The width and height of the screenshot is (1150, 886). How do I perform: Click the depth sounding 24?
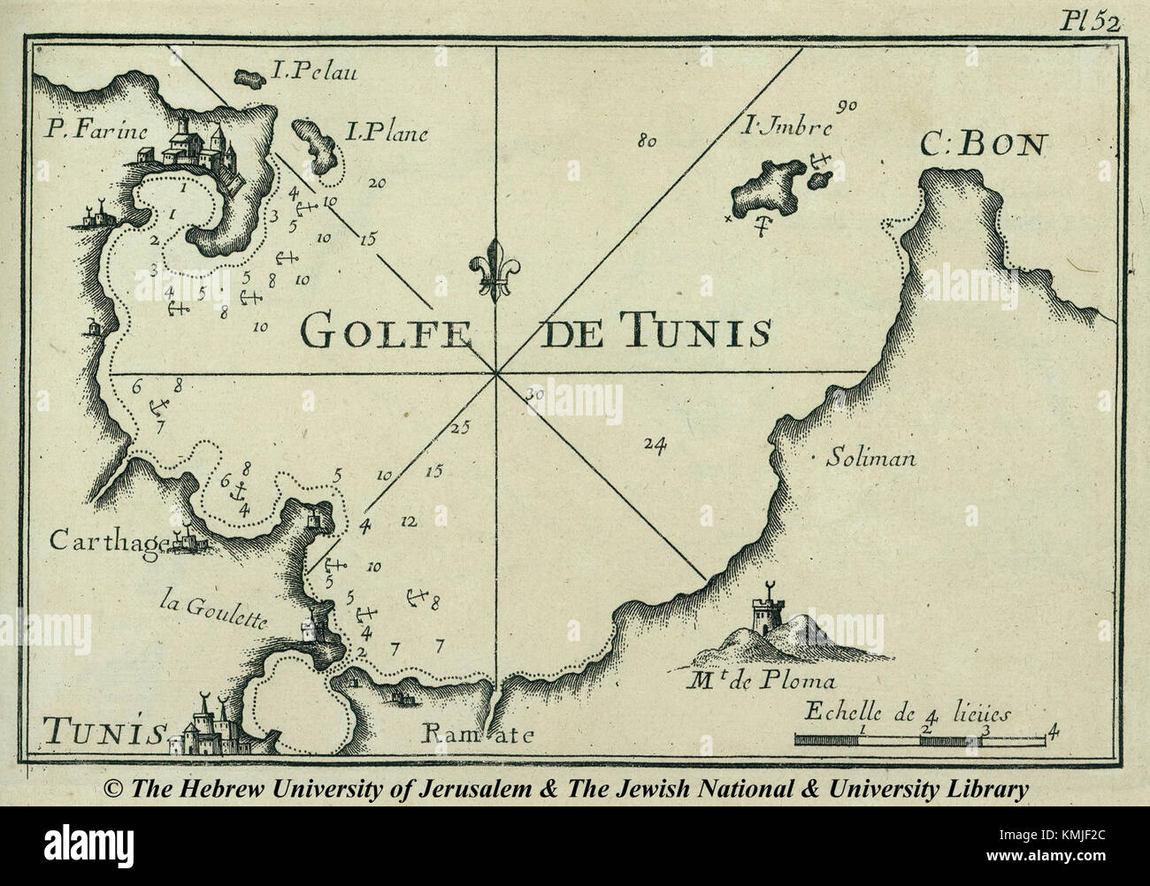tap(655, 444)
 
